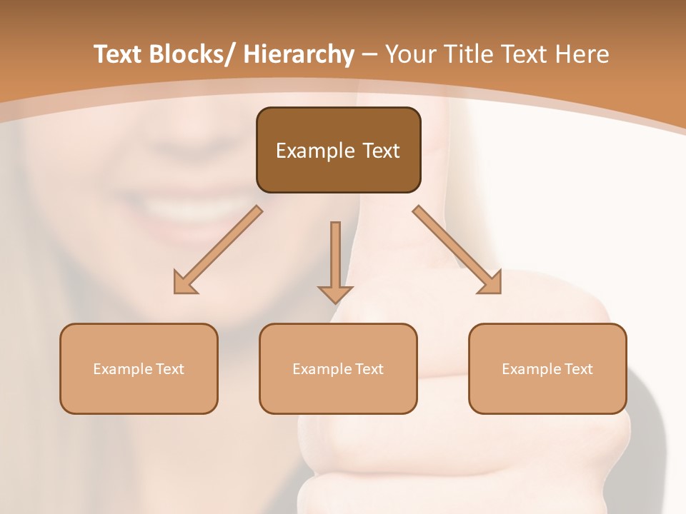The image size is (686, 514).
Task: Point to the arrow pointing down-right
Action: (x=457, y=250)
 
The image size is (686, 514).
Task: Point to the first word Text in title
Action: (x=120, y=54)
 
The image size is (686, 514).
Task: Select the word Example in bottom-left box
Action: (x=122, y=369)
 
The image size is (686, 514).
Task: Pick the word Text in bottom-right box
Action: (x=578, y=369)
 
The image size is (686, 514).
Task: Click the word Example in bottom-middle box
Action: (x=322, y=369)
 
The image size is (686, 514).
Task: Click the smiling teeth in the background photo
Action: (x=200, y=207)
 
